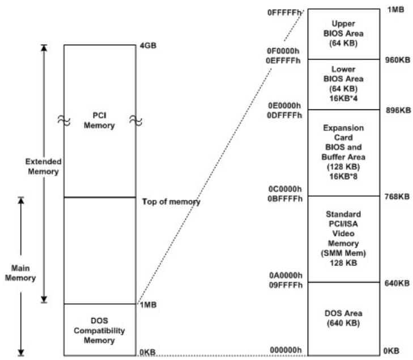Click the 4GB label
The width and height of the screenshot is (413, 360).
148,45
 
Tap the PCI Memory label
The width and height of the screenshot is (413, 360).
99,120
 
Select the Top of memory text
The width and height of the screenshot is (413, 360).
171,202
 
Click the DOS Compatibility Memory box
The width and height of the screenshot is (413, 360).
100,330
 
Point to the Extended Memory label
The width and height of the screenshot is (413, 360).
43,166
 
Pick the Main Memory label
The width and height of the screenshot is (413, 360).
20,273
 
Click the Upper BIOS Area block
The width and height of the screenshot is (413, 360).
344,34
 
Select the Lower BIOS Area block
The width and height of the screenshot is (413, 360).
344,84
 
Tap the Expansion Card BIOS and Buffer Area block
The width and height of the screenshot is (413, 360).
344,153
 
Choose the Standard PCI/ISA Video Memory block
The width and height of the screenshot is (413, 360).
344,239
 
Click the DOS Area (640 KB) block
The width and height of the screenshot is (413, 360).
344,319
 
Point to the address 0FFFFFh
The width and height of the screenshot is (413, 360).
284,12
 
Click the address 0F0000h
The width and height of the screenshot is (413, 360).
283,50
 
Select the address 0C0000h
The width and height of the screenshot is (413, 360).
285,189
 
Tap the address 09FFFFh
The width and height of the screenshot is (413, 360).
286,285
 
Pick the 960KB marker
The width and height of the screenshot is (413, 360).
398,60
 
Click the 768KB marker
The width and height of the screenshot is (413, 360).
397,196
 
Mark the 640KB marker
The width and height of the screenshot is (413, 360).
397,283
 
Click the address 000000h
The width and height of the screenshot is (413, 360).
286,350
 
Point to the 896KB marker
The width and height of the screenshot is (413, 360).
398,110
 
